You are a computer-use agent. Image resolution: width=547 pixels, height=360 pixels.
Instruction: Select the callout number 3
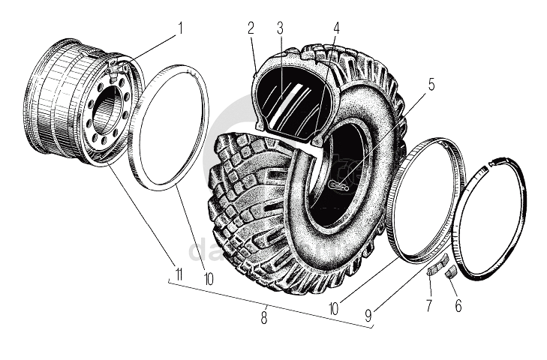click(x=279, y=28)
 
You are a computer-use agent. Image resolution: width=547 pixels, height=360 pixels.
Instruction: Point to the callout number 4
click(x=335, y=29)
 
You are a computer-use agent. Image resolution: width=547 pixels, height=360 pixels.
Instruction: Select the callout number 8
click(x=264, y=317)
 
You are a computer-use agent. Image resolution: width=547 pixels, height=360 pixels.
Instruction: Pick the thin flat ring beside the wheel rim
click(x=173, y=124)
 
